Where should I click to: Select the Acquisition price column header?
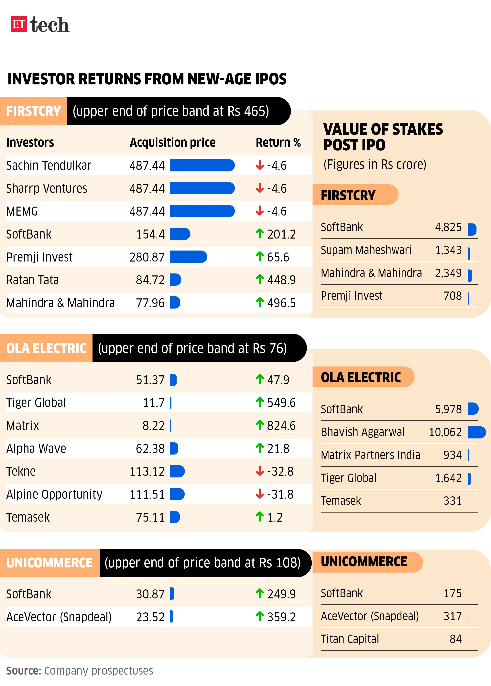[x=172, y=142]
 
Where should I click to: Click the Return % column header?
[x=278, y=142]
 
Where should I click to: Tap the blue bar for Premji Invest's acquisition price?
[x=188, y=257]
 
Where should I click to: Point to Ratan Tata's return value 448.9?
[x=281, y=280]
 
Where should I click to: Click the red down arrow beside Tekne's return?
[x=259, y=471]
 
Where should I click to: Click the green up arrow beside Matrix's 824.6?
[x=259, y=425]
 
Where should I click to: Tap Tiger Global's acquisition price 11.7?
[x=154, y=402]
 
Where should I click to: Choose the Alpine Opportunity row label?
[x=54, y=494]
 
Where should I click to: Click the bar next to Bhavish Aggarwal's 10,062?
[x=476, y=432]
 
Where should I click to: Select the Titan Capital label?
[x=350, y=639]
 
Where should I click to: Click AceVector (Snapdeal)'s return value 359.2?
[x=281, y=617]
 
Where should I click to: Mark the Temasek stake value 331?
[x=452, y=501]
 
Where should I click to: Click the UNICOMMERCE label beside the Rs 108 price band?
[x=49, y=563]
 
